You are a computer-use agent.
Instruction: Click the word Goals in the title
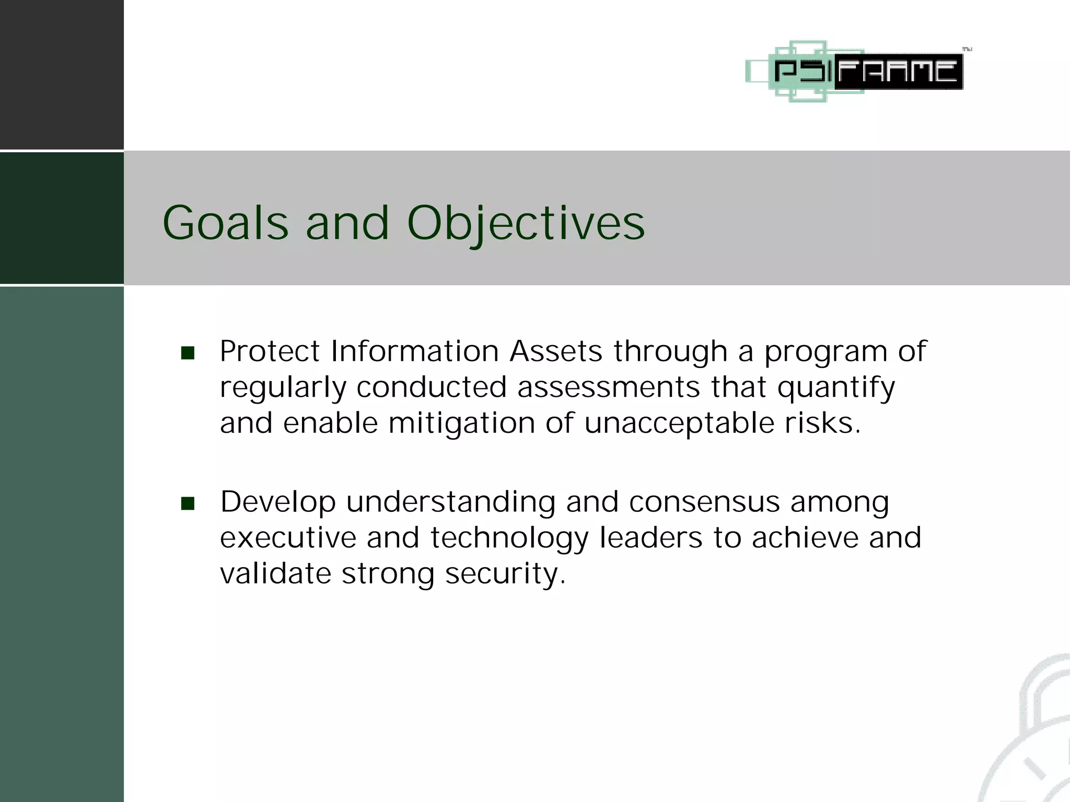[x=225, y=223]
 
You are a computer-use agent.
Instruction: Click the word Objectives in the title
[x=526, y=223]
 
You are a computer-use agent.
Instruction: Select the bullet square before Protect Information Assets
[x=188, y=353]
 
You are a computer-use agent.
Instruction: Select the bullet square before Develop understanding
[x=188, y=503]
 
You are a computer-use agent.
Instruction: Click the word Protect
[x=269, y=351]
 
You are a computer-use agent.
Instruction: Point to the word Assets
[x=556, y=351]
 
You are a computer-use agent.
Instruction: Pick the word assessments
[x=608, y=387]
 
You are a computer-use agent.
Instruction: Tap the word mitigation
[x=461, y=423]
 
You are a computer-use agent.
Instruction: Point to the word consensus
[x=704, y=502]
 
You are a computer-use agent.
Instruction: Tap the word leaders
[x=650, y=537]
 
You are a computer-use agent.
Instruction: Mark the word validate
[x=275, y=574]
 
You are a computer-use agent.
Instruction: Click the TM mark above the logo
[x=967, y=50]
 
